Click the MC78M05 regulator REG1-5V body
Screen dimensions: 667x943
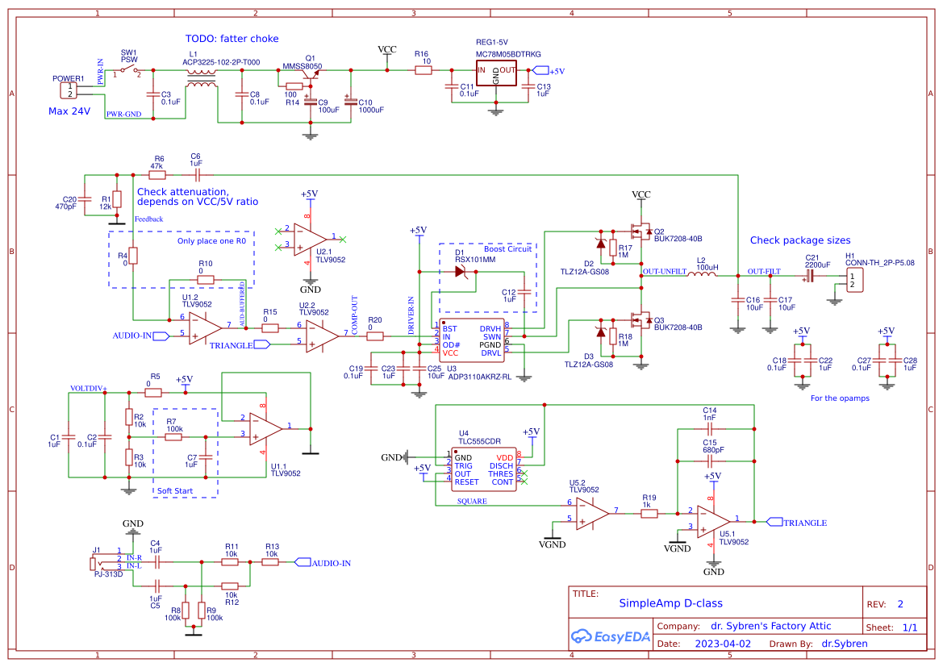[496, 73]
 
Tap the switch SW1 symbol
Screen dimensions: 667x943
[127, 72]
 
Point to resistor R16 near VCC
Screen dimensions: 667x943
[424, 71]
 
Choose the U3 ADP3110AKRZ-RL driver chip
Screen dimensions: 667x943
[472, 340]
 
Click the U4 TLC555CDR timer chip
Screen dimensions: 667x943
[484, 468]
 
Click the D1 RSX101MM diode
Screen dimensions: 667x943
[461, 271]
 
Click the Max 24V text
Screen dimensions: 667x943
[69, 111]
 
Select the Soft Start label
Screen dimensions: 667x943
[176, 490]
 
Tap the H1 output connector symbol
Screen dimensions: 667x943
[853, 280]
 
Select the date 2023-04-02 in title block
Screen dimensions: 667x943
[722, 644]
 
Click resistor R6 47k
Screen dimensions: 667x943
[157, 174]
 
